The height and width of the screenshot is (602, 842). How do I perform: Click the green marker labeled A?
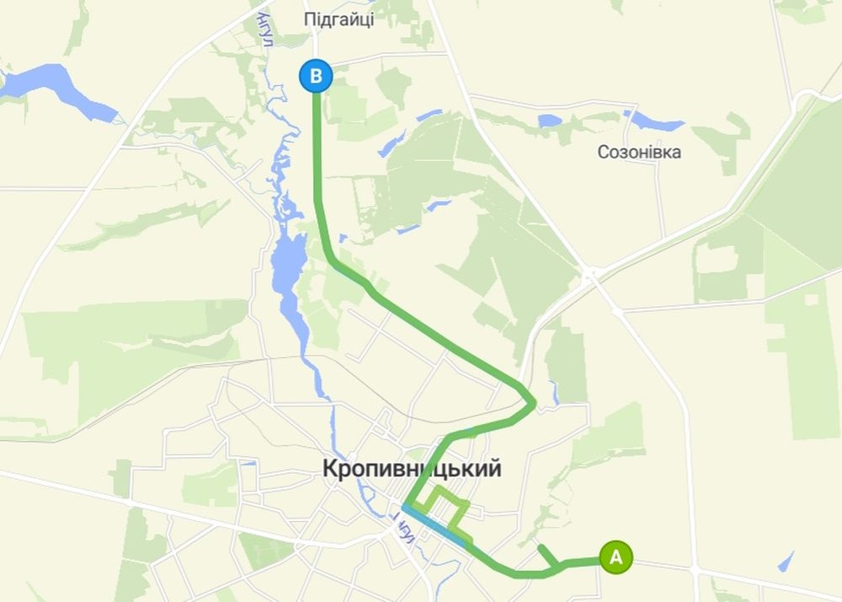(x=616, y=556)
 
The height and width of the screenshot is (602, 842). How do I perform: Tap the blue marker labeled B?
(x=316, y=77)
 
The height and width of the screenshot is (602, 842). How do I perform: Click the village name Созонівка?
(x=639, y=153)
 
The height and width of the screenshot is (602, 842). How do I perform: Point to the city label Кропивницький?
(x=412, y=469)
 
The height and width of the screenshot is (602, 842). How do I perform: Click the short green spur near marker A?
(x=546, y=555)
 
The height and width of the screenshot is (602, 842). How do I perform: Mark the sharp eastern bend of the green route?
(x=533, y=403)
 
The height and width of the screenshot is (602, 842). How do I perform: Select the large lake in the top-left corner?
(x=51, y=87)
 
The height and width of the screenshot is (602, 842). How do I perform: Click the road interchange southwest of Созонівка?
(x=592, y=274)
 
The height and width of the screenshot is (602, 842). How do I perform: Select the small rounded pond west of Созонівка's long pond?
(x=549, y=121)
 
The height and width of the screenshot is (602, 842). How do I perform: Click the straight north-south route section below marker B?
(x=317, y=143)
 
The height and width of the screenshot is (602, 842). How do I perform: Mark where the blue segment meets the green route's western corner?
(x=405, y=507)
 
